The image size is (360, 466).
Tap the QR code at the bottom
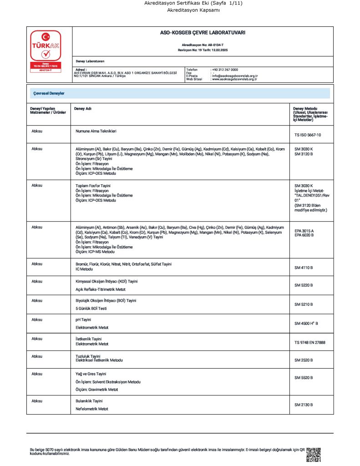click(x=314, y=454)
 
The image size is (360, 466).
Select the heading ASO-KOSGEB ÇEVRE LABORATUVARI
click(x=202, y=33)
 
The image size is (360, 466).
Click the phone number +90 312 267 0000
click(x=225, y=69)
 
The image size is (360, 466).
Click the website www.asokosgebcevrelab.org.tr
click(x=234, y=79)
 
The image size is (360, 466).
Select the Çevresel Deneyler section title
click(x=49, y=93)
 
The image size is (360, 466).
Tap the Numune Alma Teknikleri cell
click(x=96, y=131)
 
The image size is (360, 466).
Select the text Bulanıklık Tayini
click(x=89, y=401)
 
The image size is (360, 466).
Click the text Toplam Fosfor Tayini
click(x=93, y=186)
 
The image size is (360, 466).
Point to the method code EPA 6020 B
click(x=304, y=235)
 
